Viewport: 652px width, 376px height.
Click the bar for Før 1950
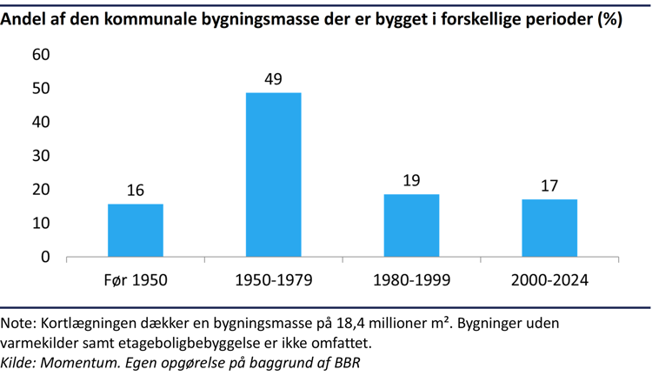(135, 231)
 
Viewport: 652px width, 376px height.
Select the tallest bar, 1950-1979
(273, 175)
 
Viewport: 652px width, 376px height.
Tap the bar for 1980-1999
(411, 225)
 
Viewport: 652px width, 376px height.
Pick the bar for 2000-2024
(549, 228)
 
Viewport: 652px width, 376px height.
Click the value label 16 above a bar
(135, 191)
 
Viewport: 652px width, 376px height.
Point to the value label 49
(273, 79)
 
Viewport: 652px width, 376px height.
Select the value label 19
(411, 181)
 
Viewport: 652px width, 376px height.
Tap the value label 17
(549, 186)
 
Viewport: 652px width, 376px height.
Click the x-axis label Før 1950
(135, 280)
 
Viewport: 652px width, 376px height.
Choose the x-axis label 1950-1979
(273, 280)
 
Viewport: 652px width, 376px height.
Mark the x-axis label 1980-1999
(411, 280)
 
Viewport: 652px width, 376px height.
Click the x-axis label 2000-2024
(549, 280)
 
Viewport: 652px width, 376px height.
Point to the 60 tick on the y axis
(41, 55)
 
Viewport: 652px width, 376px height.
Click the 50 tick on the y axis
(41, 89)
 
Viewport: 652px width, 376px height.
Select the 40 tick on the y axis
(41, 122)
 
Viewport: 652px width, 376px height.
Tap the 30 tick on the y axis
(41, 156)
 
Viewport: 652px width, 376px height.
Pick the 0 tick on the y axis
(45, 258)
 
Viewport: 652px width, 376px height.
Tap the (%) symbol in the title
(609, 19)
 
